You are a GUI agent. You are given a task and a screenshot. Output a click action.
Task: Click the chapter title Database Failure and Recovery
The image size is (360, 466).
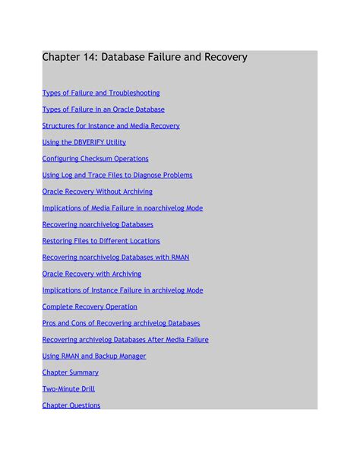click(144, 57)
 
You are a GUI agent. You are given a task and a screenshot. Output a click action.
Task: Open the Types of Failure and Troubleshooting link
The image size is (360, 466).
click(100, 93)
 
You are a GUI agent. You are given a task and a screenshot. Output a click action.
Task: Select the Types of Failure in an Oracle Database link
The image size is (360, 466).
click(103, 109)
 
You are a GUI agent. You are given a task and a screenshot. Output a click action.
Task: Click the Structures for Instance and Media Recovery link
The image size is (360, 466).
click(111, 126)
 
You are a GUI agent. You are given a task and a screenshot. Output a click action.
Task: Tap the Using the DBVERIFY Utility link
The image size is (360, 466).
click(84, 142)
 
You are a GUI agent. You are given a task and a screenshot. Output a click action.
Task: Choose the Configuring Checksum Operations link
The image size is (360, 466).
click(95, 159)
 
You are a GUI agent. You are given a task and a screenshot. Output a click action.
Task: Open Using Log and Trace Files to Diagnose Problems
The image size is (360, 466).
click(117, 175)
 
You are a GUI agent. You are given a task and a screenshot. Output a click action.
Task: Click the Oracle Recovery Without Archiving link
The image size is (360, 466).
click(97, 192)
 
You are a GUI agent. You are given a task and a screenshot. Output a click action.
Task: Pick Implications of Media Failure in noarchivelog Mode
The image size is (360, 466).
click(122, 208)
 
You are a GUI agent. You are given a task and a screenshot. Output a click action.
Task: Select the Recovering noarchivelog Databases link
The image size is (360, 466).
click(97, 224)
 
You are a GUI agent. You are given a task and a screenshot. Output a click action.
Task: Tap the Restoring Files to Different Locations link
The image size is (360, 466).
click(101, 241)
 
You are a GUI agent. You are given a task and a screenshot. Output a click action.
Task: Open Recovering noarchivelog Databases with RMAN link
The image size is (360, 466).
click(115, 257)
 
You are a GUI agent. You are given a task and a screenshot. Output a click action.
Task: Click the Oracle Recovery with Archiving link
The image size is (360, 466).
click(91, 274)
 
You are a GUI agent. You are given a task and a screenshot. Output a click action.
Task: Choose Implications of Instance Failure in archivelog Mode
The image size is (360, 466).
click(122, 290)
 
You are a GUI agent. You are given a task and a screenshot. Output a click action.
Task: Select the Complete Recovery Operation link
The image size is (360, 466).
click(90, 306)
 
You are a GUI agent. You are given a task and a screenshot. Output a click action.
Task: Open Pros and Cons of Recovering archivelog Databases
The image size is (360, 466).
click(121, 323)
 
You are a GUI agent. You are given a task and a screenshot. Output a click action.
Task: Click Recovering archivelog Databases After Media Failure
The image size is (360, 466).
click(125, 340)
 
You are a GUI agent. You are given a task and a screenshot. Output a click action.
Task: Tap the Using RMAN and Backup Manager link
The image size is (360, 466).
click(93, 356)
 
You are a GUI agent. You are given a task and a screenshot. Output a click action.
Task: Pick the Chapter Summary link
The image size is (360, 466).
click(70, 372)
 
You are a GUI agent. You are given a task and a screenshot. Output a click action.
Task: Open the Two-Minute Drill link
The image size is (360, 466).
click(69, 388)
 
